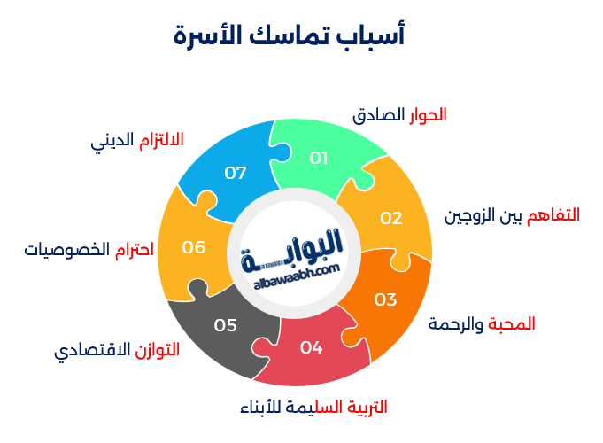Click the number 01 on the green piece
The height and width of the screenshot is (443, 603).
[319, 158]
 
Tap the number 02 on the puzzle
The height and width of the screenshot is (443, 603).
[391, 218]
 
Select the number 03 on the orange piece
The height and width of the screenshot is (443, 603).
[385, 299]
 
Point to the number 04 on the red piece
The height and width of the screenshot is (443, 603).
[311, 347]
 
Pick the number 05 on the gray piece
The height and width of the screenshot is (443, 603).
[226, 325]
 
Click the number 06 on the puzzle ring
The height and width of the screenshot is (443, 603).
[194, 247]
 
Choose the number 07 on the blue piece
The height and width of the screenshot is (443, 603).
[236, 173]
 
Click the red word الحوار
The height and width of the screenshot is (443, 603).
[428, 115]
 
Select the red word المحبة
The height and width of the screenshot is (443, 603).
[513, 323]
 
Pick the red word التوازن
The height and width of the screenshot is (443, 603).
[157, 350]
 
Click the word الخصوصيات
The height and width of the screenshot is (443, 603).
[66, 250]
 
